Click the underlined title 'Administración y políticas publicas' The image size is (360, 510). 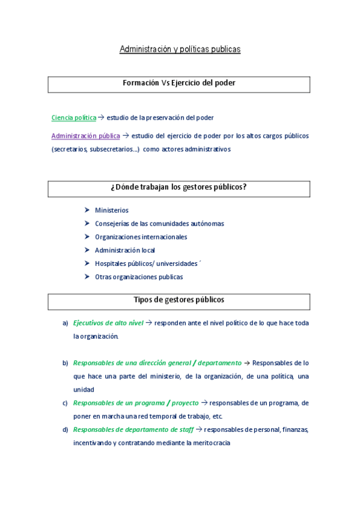(180, 49)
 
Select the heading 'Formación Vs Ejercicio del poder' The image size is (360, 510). (179, 84)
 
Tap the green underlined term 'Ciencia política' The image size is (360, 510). (73, 118)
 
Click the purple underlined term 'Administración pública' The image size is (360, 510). (85, 136)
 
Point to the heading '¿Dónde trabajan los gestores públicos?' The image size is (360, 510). (179, 188)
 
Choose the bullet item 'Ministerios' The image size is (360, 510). (112, 210)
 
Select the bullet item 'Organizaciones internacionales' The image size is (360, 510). (141, 237)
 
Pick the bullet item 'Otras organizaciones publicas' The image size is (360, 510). (139, 277)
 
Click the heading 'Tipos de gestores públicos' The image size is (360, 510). (179, 300)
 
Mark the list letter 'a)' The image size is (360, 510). (66, 324)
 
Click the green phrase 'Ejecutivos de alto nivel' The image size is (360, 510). (108, 323)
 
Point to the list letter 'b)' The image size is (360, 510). (66, 363)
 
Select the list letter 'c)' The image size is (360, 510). (66, 403)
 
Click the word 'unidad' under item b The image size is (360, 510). (84, 390)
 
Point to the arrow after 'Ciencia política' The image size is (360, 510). (101, 118)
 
